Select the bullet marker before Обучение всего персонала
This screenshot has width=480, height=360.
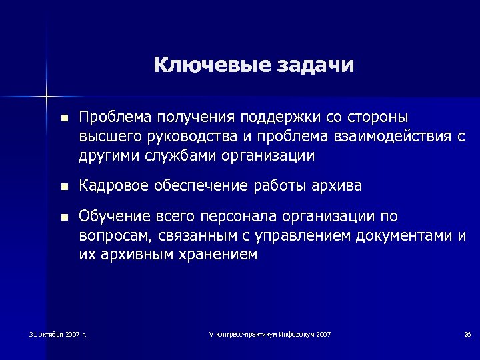(63, 217)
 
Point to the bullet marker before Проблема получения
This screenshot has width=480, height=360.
(63, 119)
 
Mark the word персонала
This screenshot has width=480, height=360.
(245, 217)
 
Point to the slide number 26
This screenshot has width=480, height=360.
(467, 333)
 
